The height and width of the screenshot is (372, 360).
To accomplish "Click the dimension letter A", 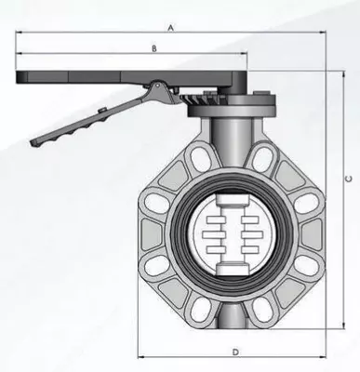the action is pos(170,28).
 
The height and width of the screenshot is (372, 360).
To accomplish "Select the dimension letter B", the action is pos(154,48).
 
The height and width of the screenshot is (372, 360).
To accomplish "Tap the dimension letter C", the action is pos(349,179).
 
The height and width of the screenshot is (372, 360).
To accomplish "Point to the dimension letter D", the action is pos(236,352).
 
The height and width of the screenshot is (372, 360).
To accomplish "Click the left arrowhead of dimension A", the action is pos(19,32).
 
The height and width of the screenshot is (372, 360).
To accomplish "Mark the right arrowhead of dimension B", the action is pos(245,53).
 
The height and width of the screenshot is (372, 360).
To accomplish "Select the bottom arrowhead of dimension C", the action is pos(343,325).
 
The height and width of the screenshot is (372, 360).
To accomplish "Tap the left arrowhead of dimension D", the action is pos(141,357).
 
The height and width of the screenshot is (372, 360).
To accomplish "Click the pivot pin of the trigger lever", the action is pos(157,85).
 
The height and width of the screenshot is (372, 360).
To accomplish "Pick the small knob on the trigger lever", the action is pos(102,110).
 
